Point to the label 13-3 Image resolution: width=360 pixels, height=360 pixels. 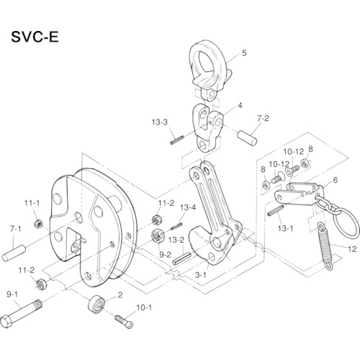(160, 122)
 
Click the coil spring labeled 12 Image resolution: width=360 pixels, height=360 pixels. (324, 242)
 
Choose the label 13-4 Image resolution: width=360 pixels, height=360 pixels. (188, 207)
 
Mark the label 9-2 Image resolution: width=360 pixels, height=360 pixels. (164, 254)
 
